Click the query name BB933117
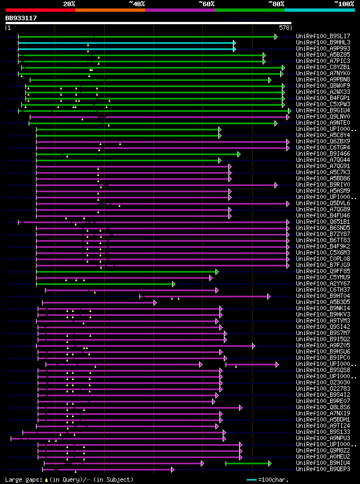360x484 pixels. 21,18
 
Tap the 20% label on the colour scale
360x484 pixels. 69,4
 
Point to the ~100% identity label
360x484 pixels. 344,4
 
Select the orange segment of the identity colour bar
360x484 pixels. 110,10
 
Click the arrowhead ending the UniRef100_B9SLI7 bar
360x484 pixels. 276,37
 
